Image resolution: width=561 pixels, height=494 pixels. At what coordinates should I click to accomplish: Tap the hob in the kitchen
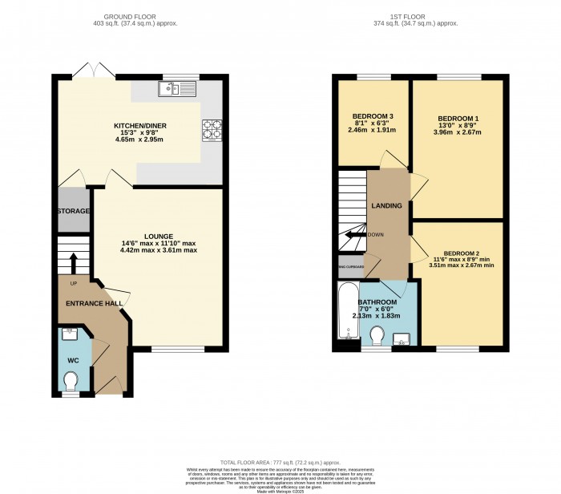[212, 129]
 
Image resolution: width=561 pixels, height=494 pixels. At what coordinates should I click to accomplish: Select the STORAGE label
[73, 211]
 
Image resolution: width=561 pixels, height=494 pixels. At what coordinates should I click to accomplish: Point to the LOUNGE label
[159, 236]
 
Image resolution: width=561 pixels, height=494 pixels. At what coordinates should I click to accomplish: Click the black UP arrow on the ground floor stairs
[73, 262]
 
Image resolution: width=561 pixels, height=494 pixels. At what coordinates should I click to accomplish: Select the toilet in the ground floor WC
[71, 379]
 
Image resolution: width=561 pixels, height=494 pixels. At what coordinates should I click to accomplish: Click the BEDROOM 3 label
[369, 115]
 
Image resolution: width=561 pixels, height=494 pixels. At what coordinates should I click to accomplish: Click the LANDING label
[386, 206]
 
